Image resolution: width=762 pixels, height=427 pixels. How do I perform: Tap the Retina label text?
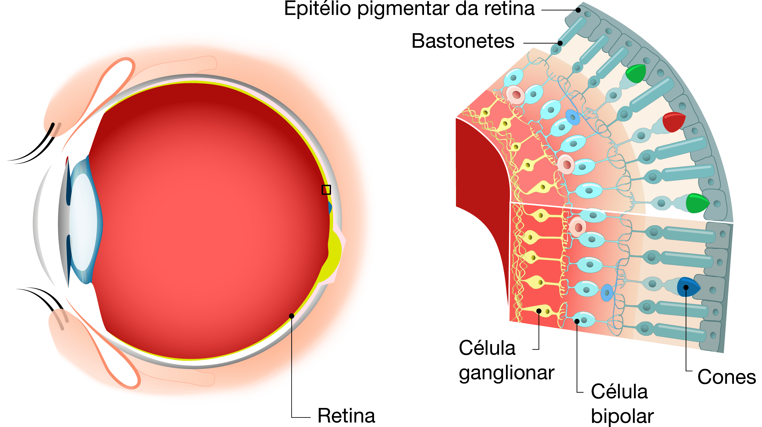tap(346, 416)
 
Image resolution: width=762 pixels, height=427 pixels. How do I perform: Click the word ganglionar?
tap(506, 373)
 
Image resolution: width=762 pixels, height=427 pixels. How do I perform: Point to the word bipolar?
tap(622, 416)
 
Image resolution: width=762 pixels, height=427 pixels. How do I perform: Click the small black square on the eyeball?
tap(326, 190)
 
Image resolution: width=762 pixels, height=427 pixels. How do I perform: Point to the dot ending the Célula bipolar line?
tap(577, 321)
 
